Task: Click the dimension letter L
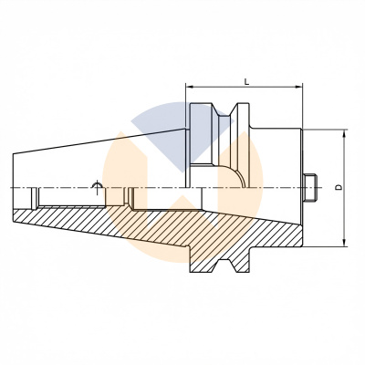[x=246, y=81]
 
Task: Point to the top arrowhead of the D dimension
[x=345, y=133]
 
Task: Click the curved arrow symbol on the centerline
[x=98, y=187]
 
